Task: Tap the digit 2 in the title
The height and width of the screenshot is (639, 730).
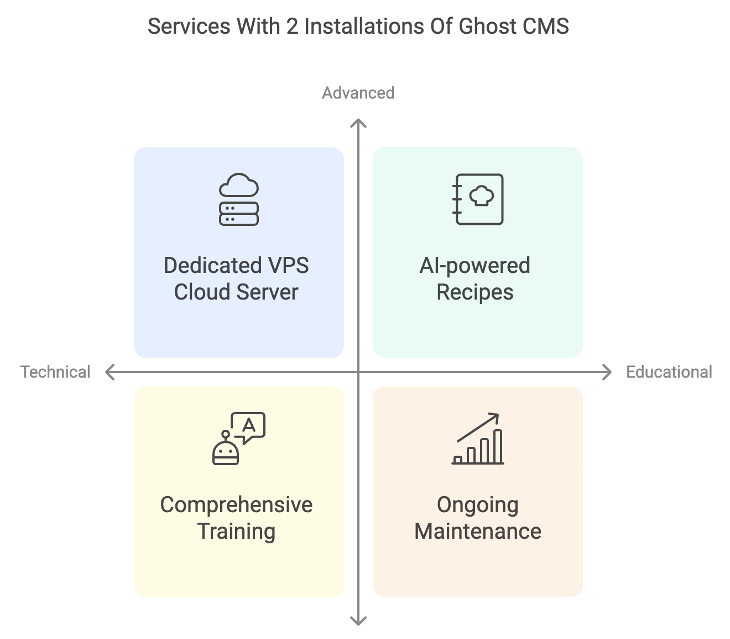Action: tap(292, 27)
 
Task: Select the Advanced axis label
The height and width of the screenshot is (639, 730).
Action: tap(358, 92)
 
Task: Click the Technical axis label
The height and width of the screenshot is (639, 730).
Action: tap(55, 372)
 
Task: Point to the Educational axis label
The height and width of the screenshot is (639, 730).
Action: tap(669, 372)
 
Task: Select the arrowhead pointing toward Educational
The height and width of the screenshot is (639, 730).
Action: tap(608, 372)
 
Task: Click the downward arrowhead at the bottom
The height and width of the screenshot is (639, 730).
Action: tap(358, 621)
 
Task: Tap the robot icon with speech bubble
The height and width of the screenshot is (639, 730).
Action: tap(239, 438)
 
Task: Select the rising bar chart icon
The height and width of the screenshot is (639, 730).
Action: tap(478, 438)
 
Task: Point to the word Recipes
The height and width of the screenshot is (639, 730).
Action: tap(475, 292)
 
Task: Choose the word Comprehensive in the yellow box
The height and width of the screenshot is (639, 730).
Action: tap(236, 505)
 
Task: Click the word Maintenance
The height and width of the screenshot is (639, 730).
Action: tap(478, 532)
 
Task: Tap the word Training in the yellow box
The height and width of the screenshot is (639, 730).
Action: tap(236, 532)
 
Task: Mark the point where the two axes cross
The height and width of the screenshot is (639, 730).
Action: tap(358, 372)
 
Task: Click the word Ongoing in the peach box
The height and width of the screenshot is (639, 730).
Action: tap(478, 505)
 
